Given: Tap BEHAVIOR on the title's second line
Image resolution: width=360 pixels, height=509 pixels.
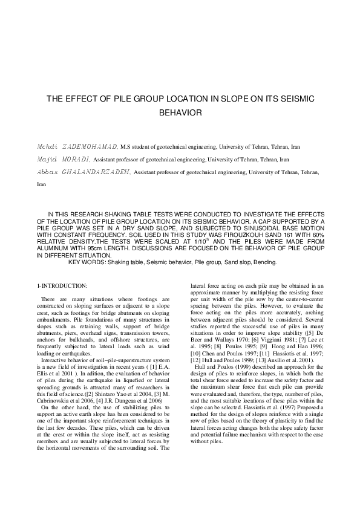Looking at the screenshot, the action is [180, 112].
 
